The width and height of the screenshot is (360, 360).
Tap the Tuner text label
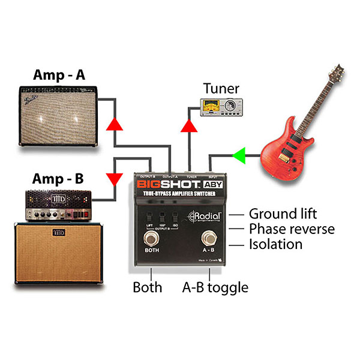(221, 89)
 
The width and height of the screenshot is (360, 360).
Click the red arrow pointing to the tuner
(190, 126)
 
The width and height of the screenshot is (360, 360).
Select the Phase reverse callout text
(292, 229)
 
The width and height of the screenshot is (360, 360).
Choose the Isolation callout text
(275, 244)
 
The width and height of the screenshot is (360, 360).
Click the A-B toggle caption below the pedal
(215, 287)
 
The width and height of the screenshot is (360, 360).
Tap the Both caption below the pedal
(148, 287)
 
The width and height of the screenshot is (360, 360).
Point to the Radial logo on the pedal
(209, 217)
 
